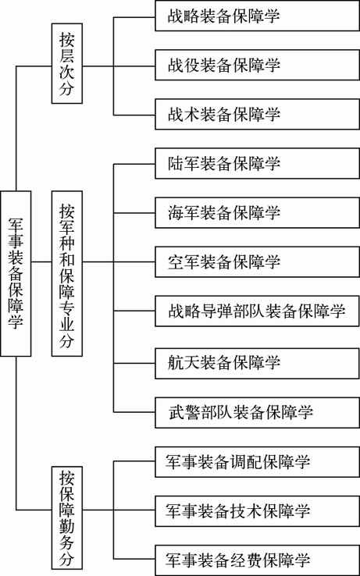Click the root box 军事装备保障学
(x=16, y=273)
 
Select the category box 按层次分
(x=66, y=63)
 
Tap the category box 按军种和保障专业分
(x=66, y=273)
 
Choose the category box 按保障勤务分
(x=66, y=518)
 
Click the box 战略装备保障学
(x=257, y=16)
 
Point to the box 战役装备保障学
(x=257, y=65)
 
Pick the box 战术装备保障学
(x=257, y=114)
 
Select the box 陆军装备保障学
(x=257, y=163)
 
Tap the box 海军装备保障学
(x=257, y=213)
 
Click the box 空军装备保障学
(x=257, y=262)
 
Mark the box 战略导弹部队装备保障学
(x=257, y=311)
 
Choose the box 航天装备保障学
(x=257, y=363)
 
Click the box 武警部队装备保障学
(x=257, y=413)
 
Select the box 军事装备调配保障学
(x=257, y=462)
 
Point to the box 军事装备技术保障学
(x=257, y=511)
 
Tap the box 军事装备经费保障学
(x=257, y=560)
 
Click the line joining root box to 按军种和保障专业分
(x=41, y=262)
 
